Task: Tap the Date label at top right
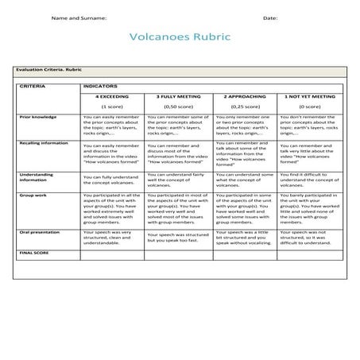270,17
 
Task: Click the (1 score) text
110,106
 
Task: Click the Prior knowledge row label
37,117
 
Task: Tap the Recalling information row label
45,144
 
